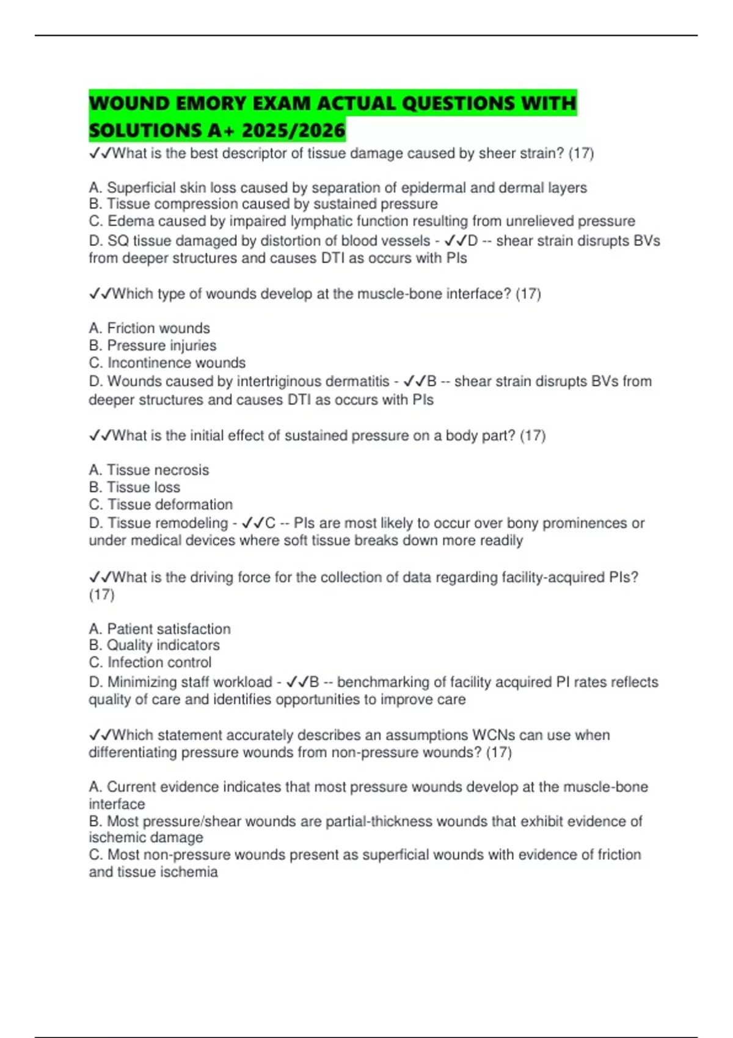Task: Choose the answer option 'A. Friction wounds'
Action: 149,328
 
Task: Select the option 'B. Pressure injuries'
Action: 153,346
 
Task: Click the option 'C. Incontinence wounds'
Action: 167,363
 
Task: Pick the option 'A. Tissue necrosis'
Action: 148,470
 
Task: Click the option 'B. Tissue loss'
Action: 134,487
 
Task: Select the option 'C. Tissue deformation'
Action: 161,504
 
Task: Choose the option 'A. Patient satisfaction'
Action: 159,629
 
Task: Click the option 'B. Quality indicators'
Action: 154,645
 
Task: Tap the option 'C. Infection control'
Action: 150,662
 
